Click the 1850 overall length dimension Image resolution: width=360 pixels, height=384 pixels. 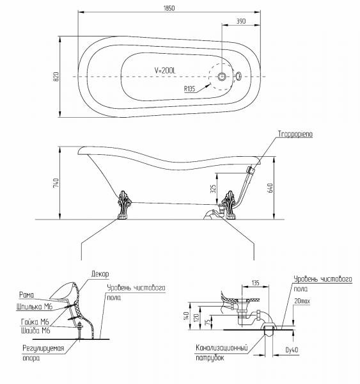coord(169,8)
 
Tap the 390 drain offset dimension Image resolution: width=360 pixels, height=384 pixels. coord(241,21)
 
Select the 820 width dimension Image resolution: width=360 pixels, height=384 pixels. coord(56,77)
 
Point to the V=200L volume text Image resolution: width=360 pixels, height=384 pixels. coord(165,70)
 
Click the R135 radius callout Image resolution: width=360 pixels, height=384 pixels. coord(190,88)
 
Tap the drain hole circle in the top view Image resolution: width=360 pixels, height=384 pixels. coord(222,76)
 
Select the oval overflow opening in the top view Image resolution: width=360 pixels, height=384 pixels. coord(239,76)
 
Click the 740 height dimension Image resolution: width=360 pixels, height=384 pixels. coord(56,183)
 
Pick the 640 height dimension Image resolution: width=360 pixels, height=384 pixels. coord(270,188)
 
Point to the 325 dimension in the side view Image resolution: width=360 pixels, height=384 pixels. coord(214,189)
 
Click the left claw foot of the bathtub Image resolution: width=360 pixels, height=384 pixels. coord(124,205)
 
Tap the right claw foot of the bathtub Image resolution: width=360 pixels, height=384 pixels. coord(229,205)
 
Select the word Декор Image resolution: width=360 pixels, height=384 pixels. coord(100,274)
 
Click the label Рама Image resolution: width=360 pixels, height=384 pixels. coord(26,295)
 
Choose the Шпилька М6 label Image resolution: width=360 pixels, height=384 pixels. coord(35,307)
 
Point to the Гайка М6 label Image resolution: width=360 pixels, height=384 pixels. coord(35,321)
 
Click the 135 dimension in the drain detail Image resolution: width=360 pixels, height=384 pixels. coord(255,283)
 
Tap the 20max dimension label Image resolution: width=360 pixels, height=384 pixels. coord(302,301)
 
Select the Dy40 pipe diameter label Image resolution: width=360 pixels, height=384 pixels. coord(292,350)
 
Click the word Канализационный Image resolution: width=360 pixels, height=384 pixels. coord(221,348)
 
